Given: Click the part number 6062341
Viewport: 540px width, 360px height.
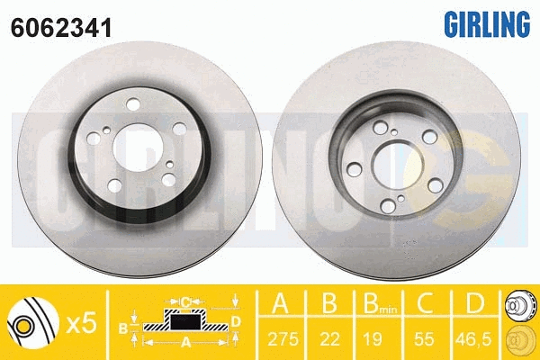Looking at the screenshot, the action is [61, 28].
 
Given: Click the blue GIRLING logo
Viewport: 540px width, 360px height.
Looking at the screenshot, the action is [487, 24].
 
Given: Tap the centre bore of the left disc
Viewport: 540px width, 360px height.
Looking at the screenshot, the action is [138, 148].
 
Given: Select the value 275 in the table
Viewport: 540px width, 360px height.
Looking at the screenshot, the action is [283, 339].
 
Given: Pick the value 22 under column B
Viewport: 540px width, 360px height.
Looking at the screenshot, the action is [330, 339].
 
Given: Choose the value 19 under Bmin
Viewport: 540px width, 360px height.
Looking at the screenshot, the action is [373, 339].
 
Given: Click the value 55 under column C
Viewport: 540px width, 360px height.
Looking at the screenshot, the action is [424, 339].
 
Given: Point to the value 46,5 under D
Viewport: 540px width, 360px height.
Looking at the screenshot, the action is [473, 339].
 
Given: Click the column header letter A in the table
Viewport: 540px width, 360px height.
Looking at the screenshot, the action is [280, 303].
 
